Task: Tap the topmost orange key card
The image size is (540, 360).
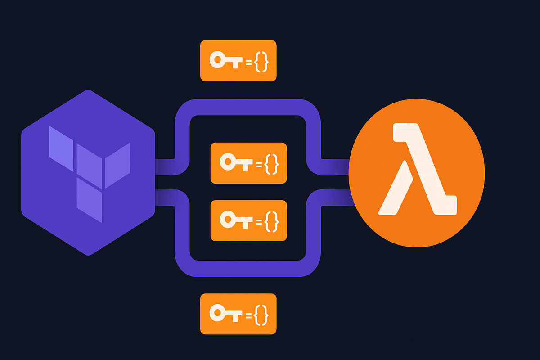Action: (x=238, y=61)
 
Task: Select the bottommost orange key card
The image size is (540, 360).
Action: (x=238, y=314)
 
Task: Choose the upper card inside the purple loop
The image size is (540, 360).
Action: (x=248, y=163)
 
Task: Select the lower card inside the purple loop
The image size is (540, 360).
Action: (x=248, y=220)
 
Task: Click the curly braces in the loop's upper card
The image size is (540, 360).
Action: (x=272, y=163)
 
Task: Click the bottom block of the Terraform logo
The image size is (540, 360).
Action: (x=89, y=200)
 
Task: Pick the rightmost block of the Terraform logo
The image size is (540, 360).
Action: (x=117, y=165)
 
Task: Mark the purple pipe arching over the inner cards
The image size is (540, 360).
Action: (x=247, y=107)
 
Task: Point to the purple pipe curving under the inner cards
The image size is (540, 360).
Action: (x=247, y=268)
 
